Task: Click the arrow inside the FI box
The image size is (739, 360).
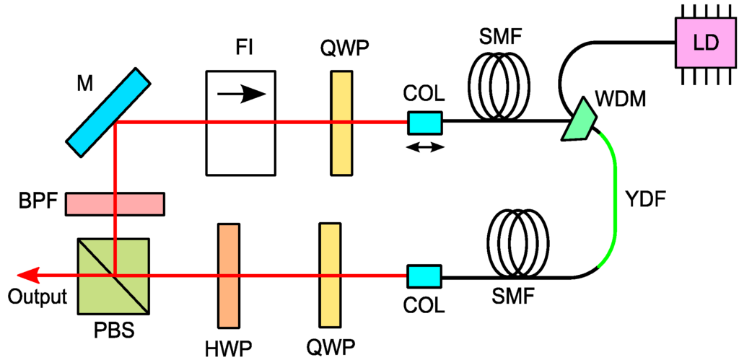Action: pos(241,94)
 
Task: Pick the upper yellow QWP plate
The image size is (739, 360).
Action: pos(341,121)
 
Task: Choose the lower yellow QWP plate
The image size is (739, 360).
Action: pos(329,275)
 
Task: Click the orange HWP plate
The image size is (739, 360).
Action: pos(227,275)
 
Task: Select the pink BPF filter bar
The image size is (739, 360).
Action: pos(115,203)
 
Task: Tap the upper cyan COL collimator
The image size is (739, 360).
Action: pos(424,123)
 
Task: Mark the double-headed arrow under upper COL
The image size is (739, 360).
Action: pos(424,147)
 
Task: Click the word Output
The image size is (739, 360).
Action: pos(37,297)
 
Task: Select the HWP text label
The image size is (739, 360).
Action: pos(229,346)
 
